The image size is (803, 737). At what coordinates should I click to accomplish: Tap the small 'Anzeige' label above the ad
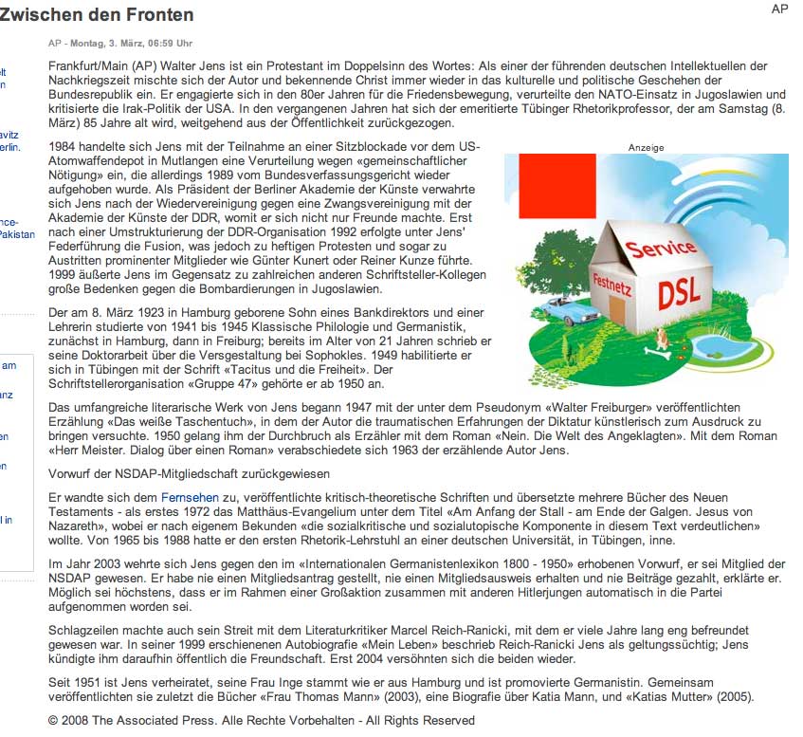coord(646,148)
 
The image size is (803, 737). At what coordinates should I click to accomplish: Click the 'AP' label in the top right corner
coord(779,9)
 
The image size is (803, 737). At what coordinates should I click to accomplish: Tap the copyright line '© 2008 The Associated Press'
coord(261,720)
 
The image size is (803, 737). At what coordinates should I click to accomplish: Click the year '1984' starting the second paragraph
coord(64,147)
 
